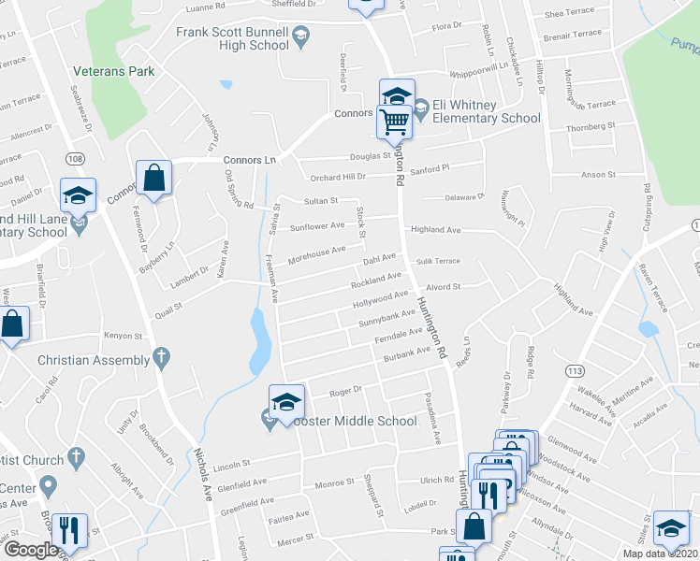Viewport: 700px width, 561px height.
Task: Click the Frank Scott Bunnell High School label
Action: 233,38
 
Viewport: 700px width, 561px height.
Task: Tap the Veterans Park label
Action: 114,71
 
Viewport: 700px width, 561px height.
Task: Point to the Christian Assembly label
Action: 92,360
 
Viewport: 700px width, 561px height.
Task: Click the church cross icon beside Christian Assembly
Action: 161,356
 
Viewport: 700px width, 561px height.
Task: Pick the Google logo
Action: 31,550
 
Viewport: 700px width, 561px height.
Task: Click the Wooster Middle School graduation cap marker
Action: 286,402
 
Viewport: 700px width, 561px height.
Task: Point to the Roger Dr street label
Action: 345,390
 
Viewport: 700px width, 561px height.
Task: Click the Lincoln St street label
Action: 233,464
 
